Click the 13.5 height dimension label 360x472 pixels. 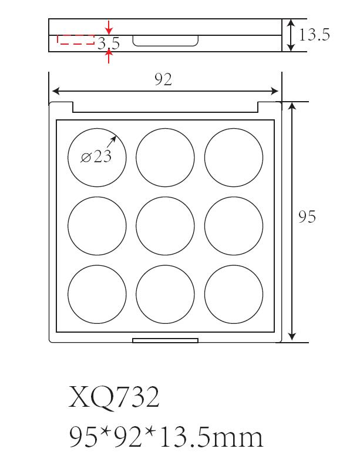[314, 35]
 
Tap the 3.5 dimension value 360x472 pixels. [109, 43]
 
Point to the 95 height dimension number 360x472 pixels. [307, 217]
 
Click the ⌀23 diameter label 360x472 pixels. [96, 157]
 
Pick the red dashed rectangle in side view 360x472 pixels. [75, 40]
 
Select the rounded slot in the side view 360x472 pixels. [166, 41]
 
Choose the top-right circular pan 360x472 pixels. [234, 156]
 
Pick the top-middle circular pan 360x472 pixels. [165, 156]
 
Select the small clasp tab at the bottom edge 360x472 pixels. [165, 340]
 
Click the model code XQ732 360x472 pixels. [114, 399]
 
